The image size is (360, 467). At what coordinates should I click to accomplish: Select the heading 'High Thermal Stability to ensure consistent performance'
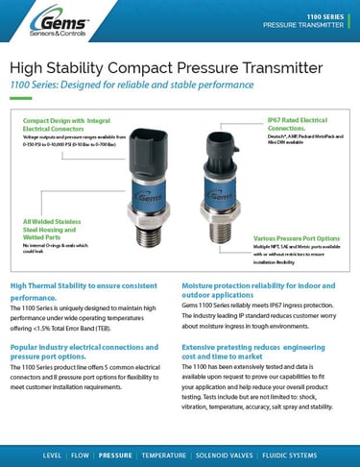[86, 291]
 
